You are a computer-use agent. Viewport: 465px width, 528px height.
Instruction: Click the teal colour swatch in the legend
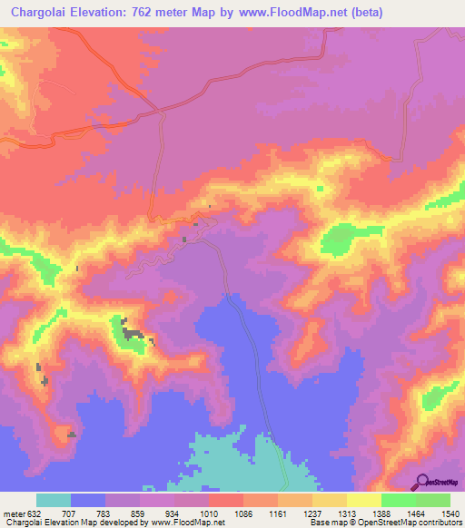pos(54,501)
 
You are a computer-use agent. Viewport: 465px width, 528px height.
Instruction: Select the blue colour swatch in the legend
pos(88,501)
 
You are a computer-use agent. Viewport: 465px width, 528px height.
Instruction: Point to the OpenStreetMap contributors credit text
pos(399,523)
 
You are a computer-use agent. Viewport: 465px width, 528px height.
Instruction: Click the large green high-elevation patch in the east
pos(339,239)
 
